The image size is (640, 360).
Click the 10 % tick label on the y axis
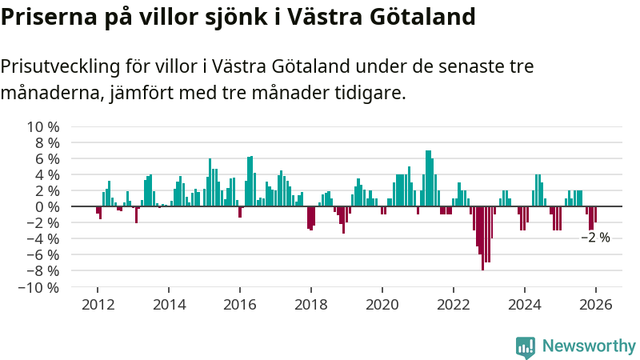pyautogui.click(x=43, y=127)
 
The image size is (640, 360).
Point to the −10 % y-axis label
pyautogui.click(x=40, y=287)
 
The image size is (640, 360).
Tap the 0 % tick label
pyautogui.click(x=46, y=207)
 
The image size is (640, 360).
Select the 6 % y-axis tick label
pyautogui.click(x=46, y=159)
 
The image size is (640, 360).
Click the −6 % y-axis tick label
pyautogui.click(x=43, y=255)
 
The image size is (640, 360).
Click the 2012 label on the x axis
pyautogui.click(x=98, y=305)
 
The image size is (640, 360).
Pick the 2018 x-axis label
pyautogui.click(x=311, y=305)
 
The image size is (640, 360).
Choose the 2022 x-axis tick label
pyautogui.click(x=454, y=305)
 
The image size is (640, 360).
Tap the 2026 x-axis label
pyautogui.click(x=596, y=305)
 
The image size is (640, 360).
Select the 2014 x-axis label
pyautogui.click(x=169, y=305)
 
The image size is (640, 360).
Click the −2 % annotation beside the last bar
pyautogui.click(x=595, y=238)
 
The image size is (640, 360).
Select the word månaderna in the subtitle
pyautogui.click(x=51, y=94)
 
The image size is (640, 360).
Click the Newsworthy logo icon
pyautogui.click(x=526, y=346)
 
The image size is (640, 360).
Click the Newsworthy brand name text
pyautogui.click(x=589, y=346)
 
